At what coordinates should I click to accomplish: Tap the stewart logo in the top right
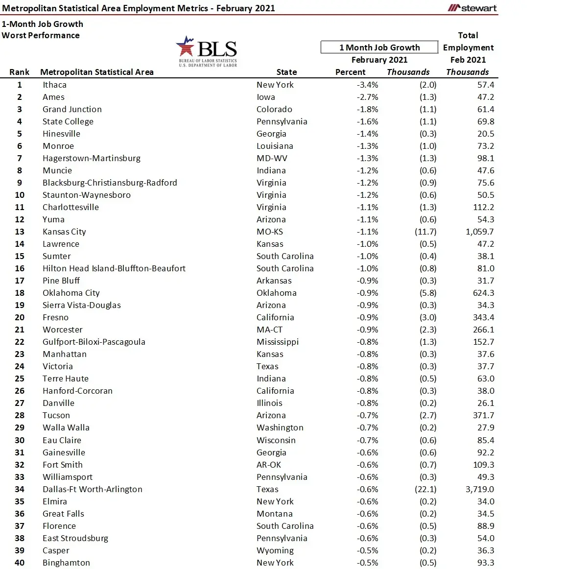coord(472,8)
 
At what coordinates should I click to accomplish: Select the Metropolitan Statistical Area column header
coord(97,72)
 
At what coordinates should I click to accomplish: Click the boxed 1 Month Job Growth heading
coord(379,47)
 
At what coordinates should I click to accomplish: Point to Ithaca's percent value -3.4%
coord(367,85)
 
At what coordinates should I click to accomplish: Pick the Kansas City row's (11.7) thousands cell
coord(425,232)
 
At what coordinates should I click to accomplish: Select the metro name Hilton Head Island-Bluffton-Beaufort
coord(114,268)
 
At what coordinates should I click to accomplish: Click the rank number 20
coord(20,317)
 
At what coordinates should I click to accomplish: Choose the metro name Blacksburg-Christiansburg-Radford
coord(110,183)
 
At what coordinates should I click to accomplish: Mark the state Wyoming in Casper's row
coord(275,550)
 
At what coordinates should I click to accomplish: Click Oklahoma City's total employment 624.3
coord(483,293)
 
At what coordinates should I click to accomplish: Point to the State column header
coord(286,72)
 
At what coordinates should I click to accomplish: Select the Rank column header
coord(20,72)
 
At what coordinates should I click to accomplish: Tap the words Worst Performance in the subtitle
coord(41,35)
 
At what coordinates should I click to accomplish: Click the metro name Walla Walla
coord(66,427)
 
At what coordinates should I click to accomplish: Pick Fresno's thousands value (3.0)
coord(428,317)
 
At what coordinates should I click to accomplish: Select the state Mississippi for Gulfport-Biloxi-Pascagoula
coord(278,342)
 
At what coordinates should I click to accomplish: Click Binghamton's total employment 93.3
coord(486,563)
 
